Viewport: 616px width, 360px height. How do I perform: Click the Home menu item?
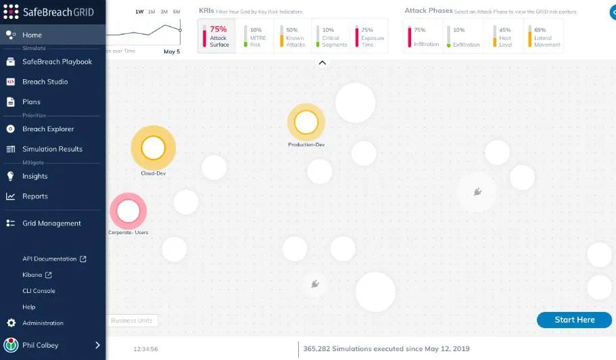click(x=32, y=35)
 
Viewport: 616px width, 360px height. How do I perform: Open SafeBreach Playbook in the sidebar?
click(x=57, y=62)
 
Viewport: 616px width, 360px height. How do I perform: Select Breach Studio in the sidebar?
click(x=45, y=82)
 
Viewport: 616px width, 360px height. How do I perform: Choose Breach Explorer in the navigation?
click(x=48, y=129)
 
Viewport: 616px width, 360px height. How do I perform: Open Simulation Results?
click(x=52, y=149)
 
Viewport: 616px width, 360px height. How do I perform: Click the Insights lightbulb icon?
click(x=10, y=176)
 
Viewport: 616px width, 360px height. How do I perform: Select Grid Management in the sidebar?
click(x=51, y=223)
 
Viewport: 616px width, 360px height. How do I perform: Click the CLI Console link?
click(x=39, y=291)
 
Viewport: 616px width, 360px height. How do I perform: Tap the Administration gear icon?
click(x=10, y=323)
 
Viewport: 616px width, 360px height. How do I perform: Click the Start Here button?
click(x=574, y=320)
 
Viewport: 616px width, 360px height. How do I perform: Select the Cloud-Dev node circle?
click(x=153, y=148)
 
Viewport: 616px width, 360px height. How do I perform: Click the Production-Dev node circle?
click(x=306, y=122)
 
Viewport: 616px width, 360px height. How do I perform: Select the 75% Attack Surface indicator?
click(x=216, y=37)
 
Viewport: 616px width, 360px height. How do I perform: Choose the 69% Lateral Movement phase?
click(x=543, y=37)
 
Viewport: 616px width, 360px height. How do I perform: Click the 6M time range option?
click(x=176, y=12)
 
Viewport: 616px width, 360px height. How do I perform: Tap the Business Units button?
click(x=131, y=321)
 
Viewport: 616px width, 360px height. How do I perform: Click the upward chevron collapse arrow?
click(x=323, y=63)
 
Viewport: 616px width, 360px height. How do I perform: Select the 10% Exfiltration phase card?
click(x=463, y=37)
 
